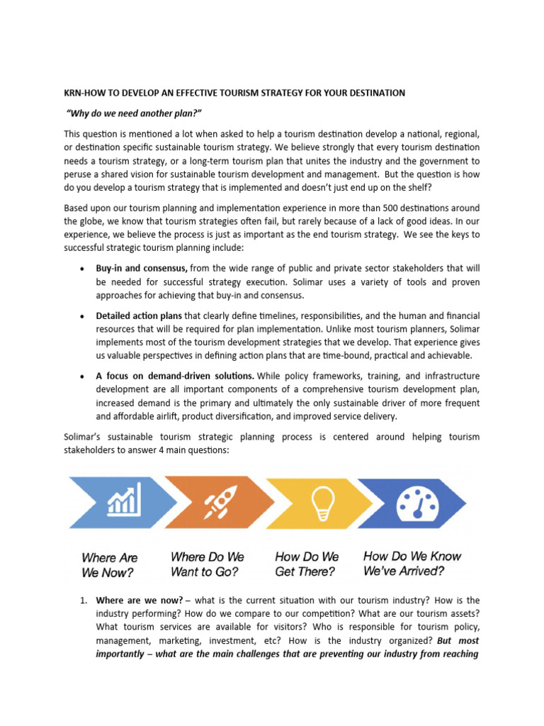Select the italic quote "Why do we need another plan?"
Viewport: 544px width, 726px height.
(x=129, y=113)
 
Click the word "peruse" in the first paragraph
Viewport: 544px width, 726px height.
(x=79, y=174)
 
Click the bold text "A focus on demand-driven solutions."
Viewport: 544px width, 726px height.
(x=176, y=375)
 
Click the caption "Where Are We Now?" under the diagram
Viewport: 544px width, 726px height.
(x=109, y=565)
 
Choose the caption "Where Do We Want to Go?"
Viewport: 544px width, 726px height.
(x=207, y=564)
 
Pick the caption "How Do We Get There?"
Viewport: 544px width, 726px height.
(x=307, y=564)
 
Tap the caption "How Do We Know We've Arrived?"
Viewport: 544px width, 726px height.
(x=412, y=564)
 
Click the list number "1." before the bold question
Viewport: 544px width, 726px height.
(x=83, y=600)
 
